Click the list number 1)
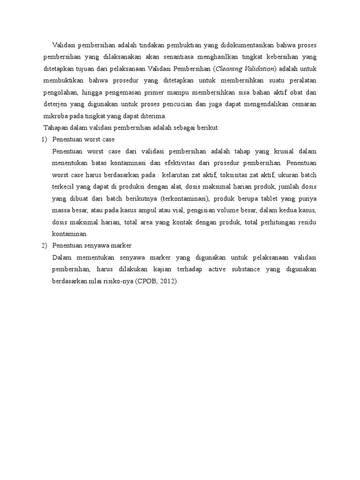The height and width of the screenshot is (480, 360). tap(45, 140)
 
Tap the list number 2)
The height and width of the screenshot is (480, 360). tap(45, 246)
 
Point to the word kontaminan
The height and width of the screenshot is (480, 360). tap(70, 233)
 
